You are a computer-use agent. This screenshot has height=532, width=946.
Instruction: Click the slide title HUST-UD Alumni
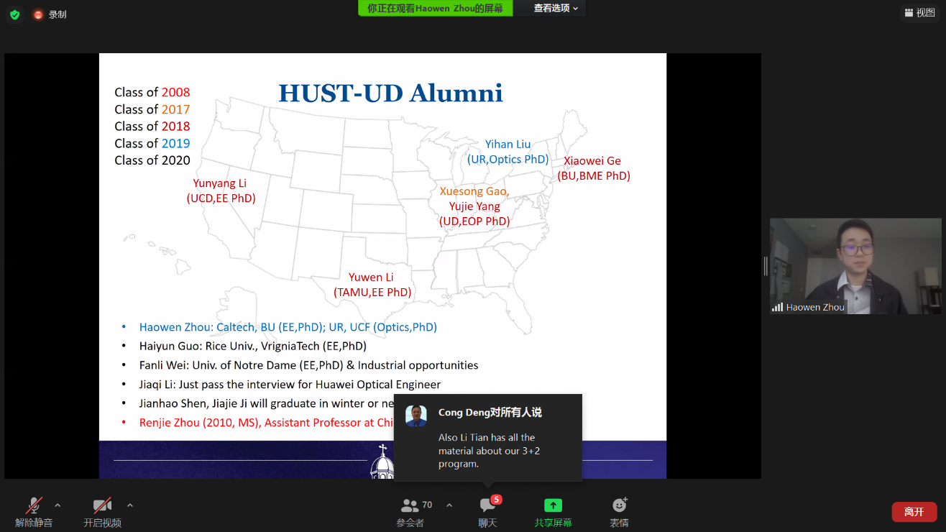[x=390, y=93]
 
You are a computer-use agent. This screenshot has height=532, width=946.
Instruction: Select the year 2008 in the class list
[x=175, y=92]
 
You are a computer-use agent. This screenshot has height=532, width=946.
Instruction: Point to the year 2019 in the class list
[x=175, y=143]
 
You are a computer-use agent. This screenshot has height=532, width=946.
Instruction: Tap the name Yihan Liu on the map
[x=508, y=144]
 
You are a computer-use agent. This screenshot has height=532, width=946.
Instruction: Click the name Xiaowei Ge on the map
[x=592, y=160]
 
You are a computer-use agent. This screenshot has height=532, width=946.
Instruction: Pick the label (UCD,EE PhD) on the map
[x=221, y=198]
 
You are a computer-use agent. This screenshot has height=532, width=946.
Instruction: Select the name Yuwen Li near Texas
[x=371, y=277]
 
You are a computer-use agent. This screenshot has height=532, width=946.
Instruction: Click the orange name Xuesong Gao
[x=474, y=191]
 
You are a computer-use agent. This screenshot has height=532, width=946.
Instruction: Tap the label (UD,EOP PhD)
[x=474, y=221]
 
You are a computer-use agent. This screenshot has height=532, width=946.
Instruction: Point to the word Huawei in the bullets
[x=334, y=384]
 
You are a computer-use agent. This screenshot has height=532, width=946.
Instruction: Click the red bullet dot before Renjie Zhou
[x=124, y=422]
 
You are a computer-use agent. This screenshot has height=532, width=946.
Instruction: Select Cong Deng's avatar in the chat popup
[x=416, y=416]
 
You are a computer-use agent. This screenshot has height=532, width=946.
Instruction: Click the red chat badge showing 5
[x=496, y=500]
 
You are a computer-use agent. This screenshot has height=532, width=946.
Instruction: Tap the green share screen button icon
[x=553, y=505]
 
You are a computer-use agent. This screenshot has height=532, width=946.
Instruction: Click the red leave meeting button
[x=914, y=512]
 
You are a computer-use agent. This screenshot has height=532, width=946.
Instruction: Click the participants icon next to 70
[x=409, y=505]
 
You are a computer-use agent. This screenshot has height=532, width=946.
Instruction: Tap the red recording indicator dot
[x=38, y=15]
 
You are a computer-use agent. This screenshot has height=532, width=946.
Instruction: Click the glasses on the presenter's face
[x=857, y=249]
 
